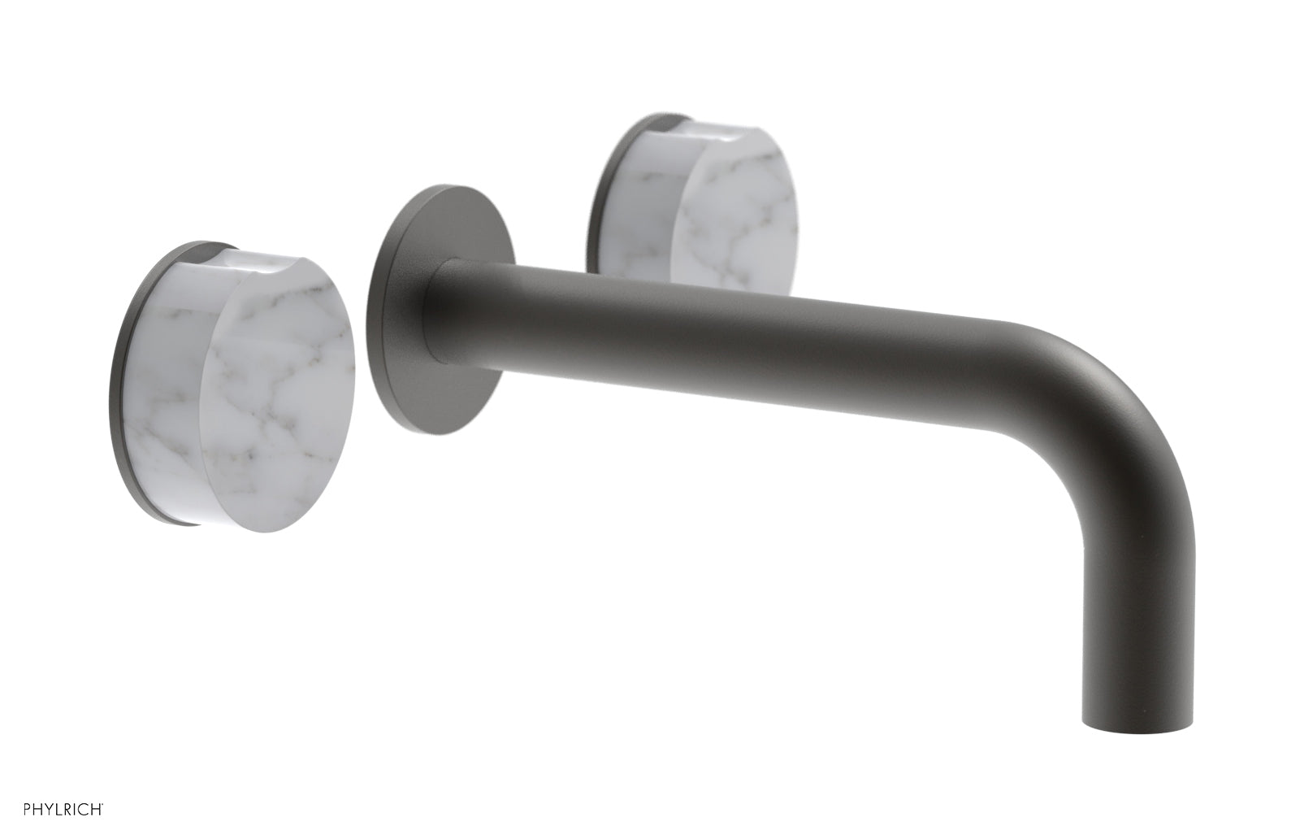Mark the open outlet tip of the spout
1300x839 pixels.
click(x=1134, y=715)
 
